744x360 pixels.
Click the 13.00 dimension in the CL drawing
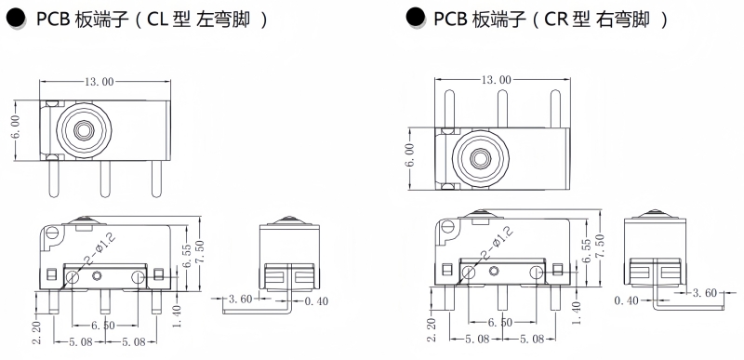click(100, 82)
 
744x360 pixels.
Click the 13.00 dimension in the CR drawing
click(497, 80)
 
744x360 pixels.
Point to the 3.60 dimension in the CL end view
click(241, 299)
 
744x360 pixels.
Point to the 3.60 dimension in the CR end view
click(704, 293)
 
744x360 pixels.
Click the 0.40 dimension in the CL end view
click(316, 301)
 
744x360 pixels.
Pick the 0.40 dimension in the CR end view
click(626, 300)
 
